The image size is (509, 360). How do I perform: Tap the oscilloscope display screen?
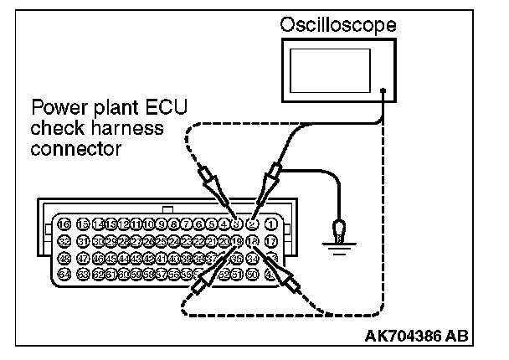(x=335, y=70)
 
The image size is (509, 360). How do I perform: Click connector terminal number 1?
(x=270, y=224)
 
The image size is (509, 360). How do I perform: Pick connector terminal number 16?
(x=64, y=224)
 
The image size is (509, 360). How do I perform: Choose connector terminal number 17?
(x=270, y=241)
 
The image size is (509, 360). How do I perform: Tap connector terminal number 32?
(x=64, y=241)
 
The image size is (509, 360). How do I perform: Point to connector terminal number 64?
(x=64, y=275)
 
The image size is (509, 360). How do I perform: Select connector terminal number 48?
(x=64, y=258)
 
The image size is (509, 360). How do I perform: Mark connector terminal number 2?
(x=253, y=224)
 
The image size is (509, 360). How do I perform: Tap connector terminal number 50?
(x=252, y=275)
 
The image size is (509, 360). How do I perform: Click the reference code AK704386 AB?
(x=417, y=337)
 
